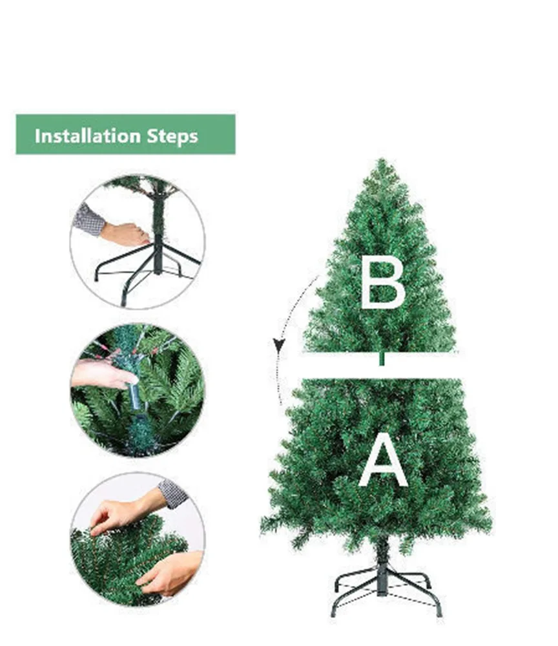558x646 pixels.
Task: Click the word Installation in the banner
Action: [87, 136]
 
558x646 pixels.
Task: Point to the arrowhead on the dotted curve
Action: [279, 345]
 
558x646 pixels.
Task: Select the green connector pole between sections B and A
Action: [382, 359]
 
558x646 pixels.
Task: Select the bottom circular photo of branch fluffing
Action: [138, 539]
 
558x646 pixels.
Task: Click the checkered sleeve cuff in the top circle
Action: [88, 219]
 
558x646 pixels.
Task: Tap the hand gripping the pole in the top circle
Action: [125, 234]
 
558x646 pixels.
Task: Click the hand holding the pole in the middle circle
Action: [103, 373]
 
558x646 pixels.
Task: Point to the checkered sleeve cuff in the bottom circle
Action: [172, 493]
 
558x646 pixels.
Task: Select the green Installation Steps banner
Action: [125, 134]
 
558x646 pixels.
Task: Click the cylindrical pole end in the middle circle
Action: [135, 397]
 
